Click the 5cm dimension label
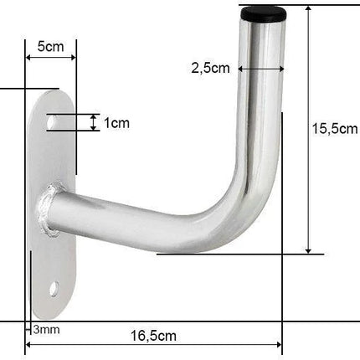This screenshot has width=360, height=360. tap(51, 46)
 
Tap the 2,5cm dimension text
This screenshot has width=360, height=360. tap(210, 68)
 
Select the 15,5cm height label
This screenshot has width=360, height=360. tap(335, 129)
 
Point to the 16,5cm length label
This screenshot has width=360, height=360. tap(153, 336)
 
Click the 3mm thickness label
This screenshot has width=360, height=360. tap(46, 330)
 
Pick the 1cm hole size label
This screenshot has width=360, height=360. tap(116, 123)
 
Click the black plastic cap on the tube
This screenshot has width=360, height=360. tap(264, 14)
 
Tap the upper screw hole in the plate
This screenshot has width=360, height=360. tap(52, 122)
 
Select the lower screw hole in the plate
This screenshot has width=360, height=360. tap(54, 289)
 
